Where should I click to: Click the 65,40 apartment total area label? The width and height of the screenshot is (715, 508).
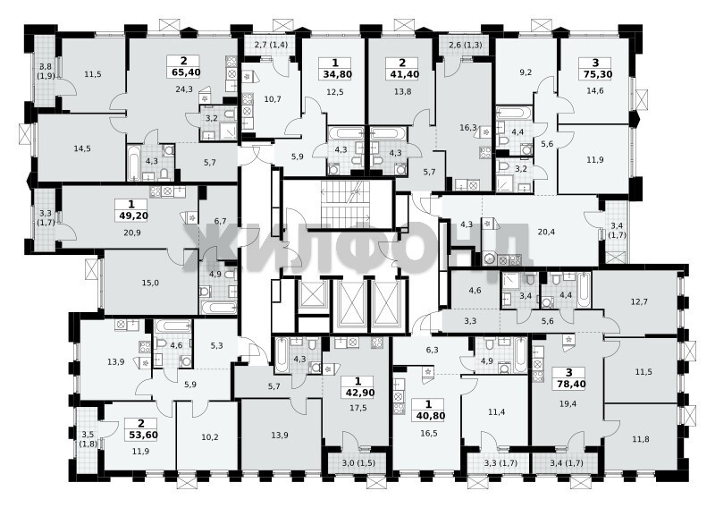point(184,72)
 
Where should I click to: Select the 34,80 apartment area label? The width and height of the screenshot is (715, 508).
point(335,74)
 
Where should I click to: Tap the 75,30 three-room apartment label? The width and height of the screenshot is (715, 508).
point(595,74)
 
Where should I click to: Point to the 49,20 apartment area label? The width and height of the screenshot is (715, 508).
point(131,216)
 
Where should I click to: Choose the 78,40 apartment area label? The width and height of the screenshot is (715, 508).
point(568,385)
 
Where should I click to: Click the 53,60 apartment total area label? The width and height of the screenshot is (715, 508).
point(141,435)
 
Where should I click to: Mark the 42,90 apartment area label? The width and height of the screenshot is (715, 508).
point(357,392)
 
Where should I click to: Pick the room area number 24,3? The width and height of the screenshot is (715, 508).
point(184,89)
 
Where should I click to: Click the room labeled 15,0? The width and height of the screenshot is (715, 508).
point(150,283)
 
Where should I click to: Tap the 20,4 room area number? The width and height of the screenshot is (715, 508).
point(546,232)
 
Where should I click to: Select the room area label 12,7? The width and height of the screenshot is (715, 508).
point(639,301)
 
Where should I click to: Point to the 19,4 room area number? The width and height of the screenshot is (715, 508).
point(568,403)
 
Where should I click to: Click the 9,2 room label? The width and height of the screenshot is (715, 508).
point(526,72)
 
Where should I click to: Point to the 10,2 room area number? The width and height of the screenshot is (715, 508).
point(210,436)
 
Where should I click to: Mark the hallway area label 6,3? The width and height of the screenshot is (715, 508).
point(432,350)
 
